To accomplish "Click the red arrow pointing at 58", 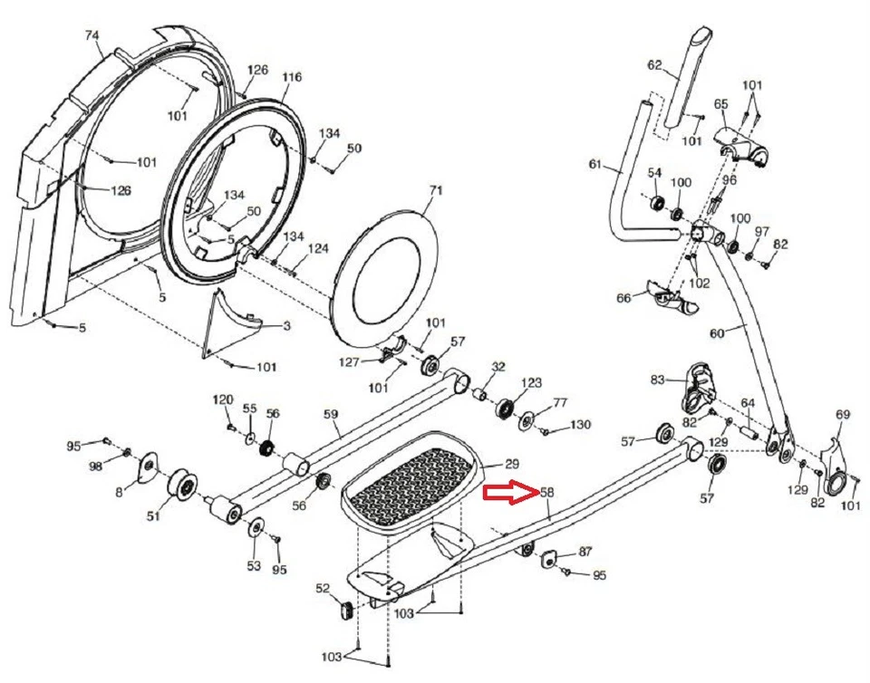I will coord(509,493).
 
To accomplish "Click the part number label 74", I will coord(91,36).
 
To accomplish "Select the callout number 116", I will coord(291,78).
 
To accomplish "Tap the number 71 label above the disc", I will coord(436,191).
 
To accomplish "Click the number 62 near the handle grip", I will coord(655,65).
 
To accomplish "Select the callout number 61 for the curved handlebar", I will coord(594,164).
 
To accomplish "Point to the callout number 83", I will coord(657,379).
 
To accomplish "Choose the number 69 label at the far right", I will coord(843,414).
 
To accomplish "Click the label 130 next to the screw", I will coord(580,426).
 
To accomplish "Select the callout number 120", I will coord(223,399).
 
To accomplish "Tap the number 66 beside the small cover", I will coord(623,298).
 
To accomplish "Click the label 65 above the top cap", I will coord(721,105).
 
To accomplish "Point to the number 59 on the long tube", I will coord(332,415).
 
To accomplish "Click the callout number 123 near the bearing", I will coord(531,383).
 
